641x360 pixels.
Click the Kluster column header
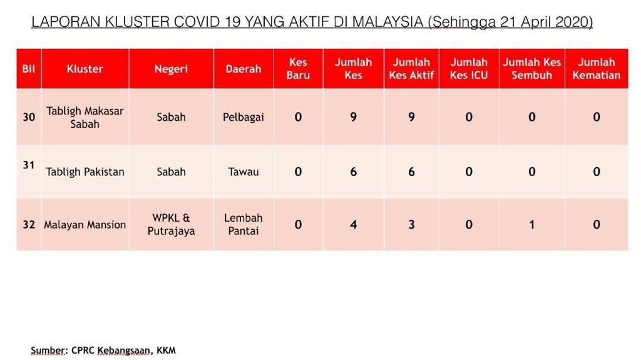point(85,69)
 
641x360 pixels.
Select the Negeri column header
point(171,69)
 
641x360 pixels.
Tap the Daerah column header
point(244,69)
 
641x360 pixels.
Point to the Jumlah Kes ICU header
point(469,69)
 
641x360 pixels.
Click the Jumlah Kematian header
point(597,69)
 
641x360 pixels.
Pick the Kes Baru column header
point(298,69)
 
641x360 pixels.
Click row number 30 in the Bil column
point(29,117)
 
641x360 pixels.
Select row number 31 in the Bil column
point(29,165)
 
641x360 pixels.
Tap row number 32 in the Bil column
point(29,225)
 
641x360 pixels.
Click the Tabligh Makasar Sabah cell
point(85,118)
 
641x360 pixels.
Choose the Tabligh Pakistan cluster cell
point(85,172)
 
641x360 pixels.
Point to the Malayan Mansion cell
point(85,225)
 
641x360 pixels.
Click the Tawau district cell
point(244,172)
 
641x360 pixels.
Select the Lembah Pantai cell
point(244,225)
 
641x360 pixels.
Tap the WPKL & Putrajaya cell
point(171,225)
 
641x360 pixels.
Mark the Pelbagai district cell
point(244,118)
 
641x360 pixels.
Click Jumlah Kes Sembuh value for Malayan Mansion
point(532,225)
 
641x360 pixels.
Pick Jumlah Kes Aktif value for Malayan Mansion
point(411,225)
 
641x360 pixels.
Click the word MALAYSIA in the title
point(387,22)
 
